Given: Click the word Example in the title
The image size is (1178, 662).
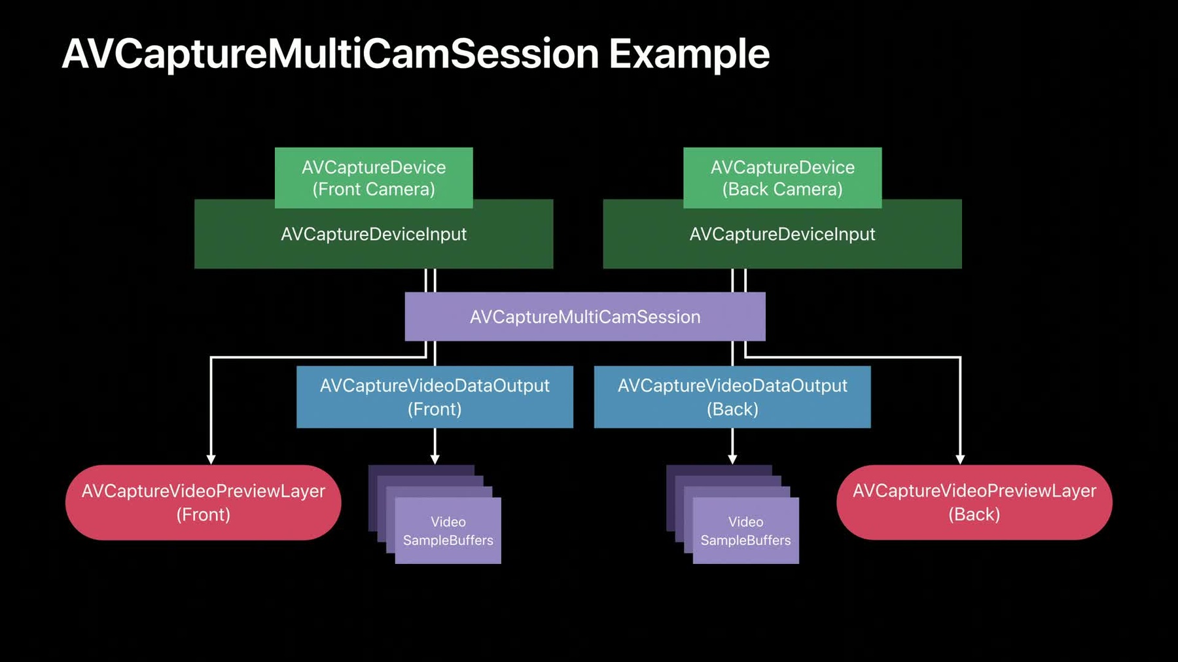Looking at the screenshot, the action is coord(689,54).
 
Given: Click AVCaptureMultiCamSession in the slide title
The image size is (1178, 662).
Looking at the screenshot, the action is coord(330,54).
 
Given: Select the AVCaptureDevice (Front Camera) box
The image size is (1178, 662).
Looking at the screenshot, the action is coord(374,178).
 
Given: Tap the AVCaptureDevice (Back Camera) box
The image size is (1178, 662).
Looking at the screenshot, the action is coord(783,178).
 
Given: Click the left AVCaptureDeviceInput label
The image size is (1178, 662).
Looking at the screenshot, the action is coord(374,234).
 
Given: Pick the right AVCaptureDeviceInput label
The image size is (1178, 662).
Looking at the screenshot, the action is coord(783,234).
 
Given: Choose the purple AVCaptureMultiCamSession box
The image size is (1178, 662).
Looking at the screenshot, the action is coord(585,317).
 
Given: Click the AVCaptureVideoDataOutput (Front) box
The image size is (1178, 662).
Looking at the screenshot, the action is coord(435,397).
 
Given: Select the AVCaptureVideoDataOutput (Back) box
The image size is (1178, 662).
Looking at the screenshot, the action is coord(732,397).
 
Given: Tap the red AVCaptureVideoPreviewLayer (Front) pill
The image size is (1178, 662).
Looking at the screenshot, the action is coord(204,502).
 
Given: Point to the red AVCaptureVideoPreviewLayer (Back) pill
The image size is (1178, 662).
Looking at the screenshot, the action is coord(974,502).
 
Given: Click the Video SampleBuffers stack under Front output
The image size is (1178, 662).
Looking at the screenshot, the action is coord(435,514).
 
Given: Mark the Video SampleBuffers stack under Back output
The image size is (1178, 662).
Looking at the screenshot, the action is coord(732,514).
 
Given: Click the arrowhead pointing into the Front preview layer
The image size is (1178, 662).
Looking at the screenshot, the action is coord(211,460).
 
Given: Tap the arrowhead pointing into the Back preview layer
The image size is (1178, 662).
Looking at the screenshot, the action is coord(960,460).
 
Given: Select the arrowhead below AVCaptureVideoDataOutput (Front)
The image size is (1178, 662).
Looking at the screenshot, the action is coord(435,460).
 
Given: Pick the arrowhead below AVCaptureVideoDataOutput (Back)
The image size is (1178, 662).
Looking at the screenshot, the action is coord(732,460).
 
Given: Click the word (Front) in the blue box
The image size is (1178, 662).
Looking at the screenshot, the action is coord(435,409).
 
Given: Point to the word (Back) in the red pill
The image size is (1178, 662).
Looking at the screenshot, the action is coord(974,515).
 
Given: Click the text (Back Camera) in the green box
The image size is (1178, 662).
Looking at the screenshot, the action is coord(783,190).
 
